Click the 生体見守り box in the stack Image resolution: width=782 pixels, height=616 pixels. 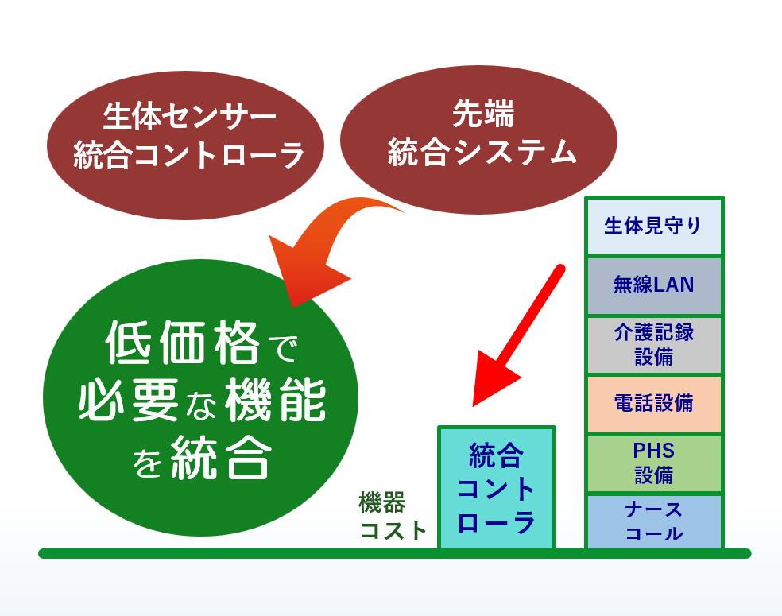pos(654,227)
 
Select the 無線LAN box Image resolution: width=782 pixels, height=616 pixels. pos(654,286)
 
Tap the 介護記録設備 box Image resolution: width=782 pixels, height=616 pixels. pos(654,345)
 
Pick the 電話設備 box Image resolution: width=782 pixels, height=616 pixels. pos(654,404)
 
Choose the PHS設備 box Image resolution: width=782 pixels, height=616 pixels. pos(654,463)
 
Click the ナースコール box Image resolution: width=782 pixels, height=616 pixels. pos(654,521)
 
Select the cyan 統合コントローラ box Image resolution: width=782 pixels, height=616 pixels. pos(496,488)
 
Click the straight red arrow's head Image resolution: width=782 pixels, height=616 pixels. pos(494,380)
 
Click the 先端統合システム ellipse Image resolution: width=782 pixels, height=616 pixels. pos(478,140)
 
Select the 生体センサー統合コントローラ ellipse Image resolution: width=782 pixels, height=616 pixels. pos(185,145)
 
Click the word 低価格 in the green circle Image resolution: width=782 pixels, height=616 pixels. pos(183,343)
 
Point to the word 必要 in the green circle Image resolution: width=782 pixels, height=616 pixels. pos(128,399)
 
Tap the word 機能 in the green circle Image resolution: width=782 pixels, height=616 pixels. pos(275,399)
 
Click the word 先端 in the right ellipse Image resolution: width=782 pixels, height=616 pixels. pos(482,114)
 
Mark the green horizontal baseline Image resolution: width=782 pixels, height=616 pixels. pos(394,554)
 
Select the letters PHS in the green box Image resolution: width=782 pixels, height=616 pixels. pos(653,451)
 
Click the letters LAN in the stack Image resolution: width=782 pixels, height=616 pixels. pos(673,285)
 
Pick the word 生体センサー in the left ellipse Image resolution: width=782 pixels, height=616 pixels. pos(189,117)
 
